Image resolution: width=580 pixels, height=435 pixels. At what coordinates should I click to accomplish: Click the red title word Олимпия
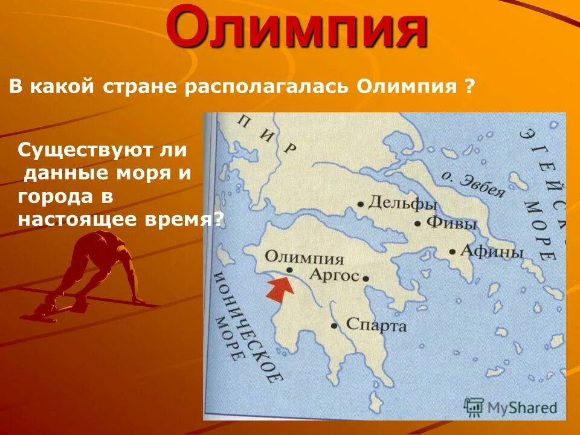(297, 29)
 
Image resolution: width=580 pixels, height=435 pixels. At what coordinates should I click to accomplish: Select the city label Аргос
(333, 275)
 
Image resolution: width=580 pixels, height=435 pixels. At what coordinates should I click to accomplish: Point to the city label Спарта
(376, 325)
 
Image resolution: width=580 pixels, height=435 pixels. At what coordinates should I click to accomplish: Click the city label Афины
(492, 251)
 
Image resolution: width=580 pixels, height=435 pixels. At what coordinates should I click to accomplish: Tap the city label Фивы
(452, 222)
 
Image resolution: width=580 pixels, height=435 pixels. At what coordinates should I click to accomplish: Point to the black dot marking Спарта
(333, 326)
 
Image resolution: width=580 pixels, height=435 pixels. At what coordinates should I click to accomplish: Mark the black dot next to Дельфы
(361, 204)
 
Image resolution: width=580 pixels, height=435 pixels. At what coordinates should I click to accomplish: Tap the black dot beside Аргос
(366, 277)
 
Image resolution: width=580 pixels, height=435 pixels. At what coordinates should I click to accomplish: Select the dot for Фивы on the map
(417, 223)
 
